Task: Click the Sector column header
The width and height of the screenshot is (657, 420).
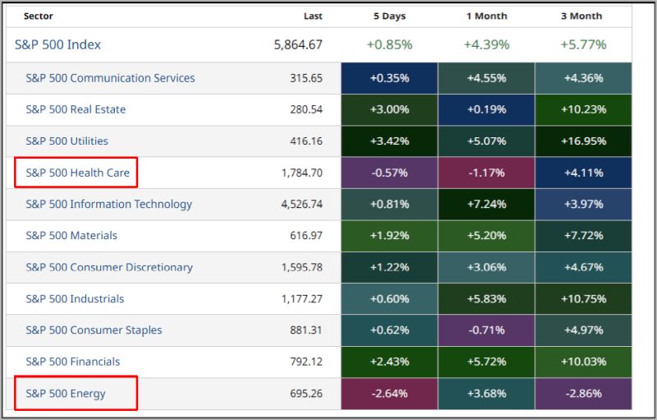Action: point(39,16)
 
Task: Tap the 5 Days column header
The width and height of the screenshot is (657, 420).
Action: point(389,16)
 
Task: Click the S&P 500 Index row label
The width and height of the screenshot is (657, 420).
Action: point(57,44)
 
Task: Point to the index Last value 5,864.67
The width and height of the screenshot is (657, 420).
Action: point(298,44)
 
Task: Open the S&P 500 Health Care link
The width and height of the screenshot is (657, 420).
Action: point(77,173)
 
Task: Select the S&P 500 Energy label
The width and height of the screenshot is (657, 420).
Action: point(66,393)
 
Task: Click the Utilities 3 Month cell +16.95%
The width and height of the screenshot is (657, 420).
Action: point(583,141)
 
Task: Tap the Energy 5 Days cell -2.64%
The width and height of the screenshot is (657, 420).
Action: point(389,393)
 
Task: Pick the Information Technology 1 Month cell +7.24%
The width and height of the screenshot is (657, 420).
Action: point(486,204)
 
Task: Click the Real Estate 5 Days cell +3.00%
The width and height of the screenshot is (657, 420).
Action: point(389,109)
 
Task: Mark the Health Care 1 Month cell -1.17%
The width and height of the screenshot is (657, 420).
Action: point(486,173)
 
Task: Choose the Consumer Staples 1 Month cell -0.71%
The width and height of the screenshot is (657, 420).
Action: point(486,330)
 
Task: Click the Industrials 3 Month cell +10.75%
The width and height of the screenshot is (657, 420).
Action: point(583,298)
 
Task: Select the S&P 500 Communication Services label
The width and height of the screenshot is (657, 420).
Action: point(110,78)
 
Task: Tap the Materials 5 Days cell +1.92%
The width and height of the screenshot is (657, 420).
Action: point(389,235)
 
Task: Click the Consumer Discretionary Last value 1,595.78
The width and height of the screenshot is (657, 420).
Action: point(301,267)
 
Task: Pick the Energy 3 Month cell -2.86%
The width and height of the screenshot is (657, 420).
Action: point(583,393)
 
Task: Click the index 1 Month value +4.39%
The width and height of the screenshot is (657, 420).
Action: point(486,44)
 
